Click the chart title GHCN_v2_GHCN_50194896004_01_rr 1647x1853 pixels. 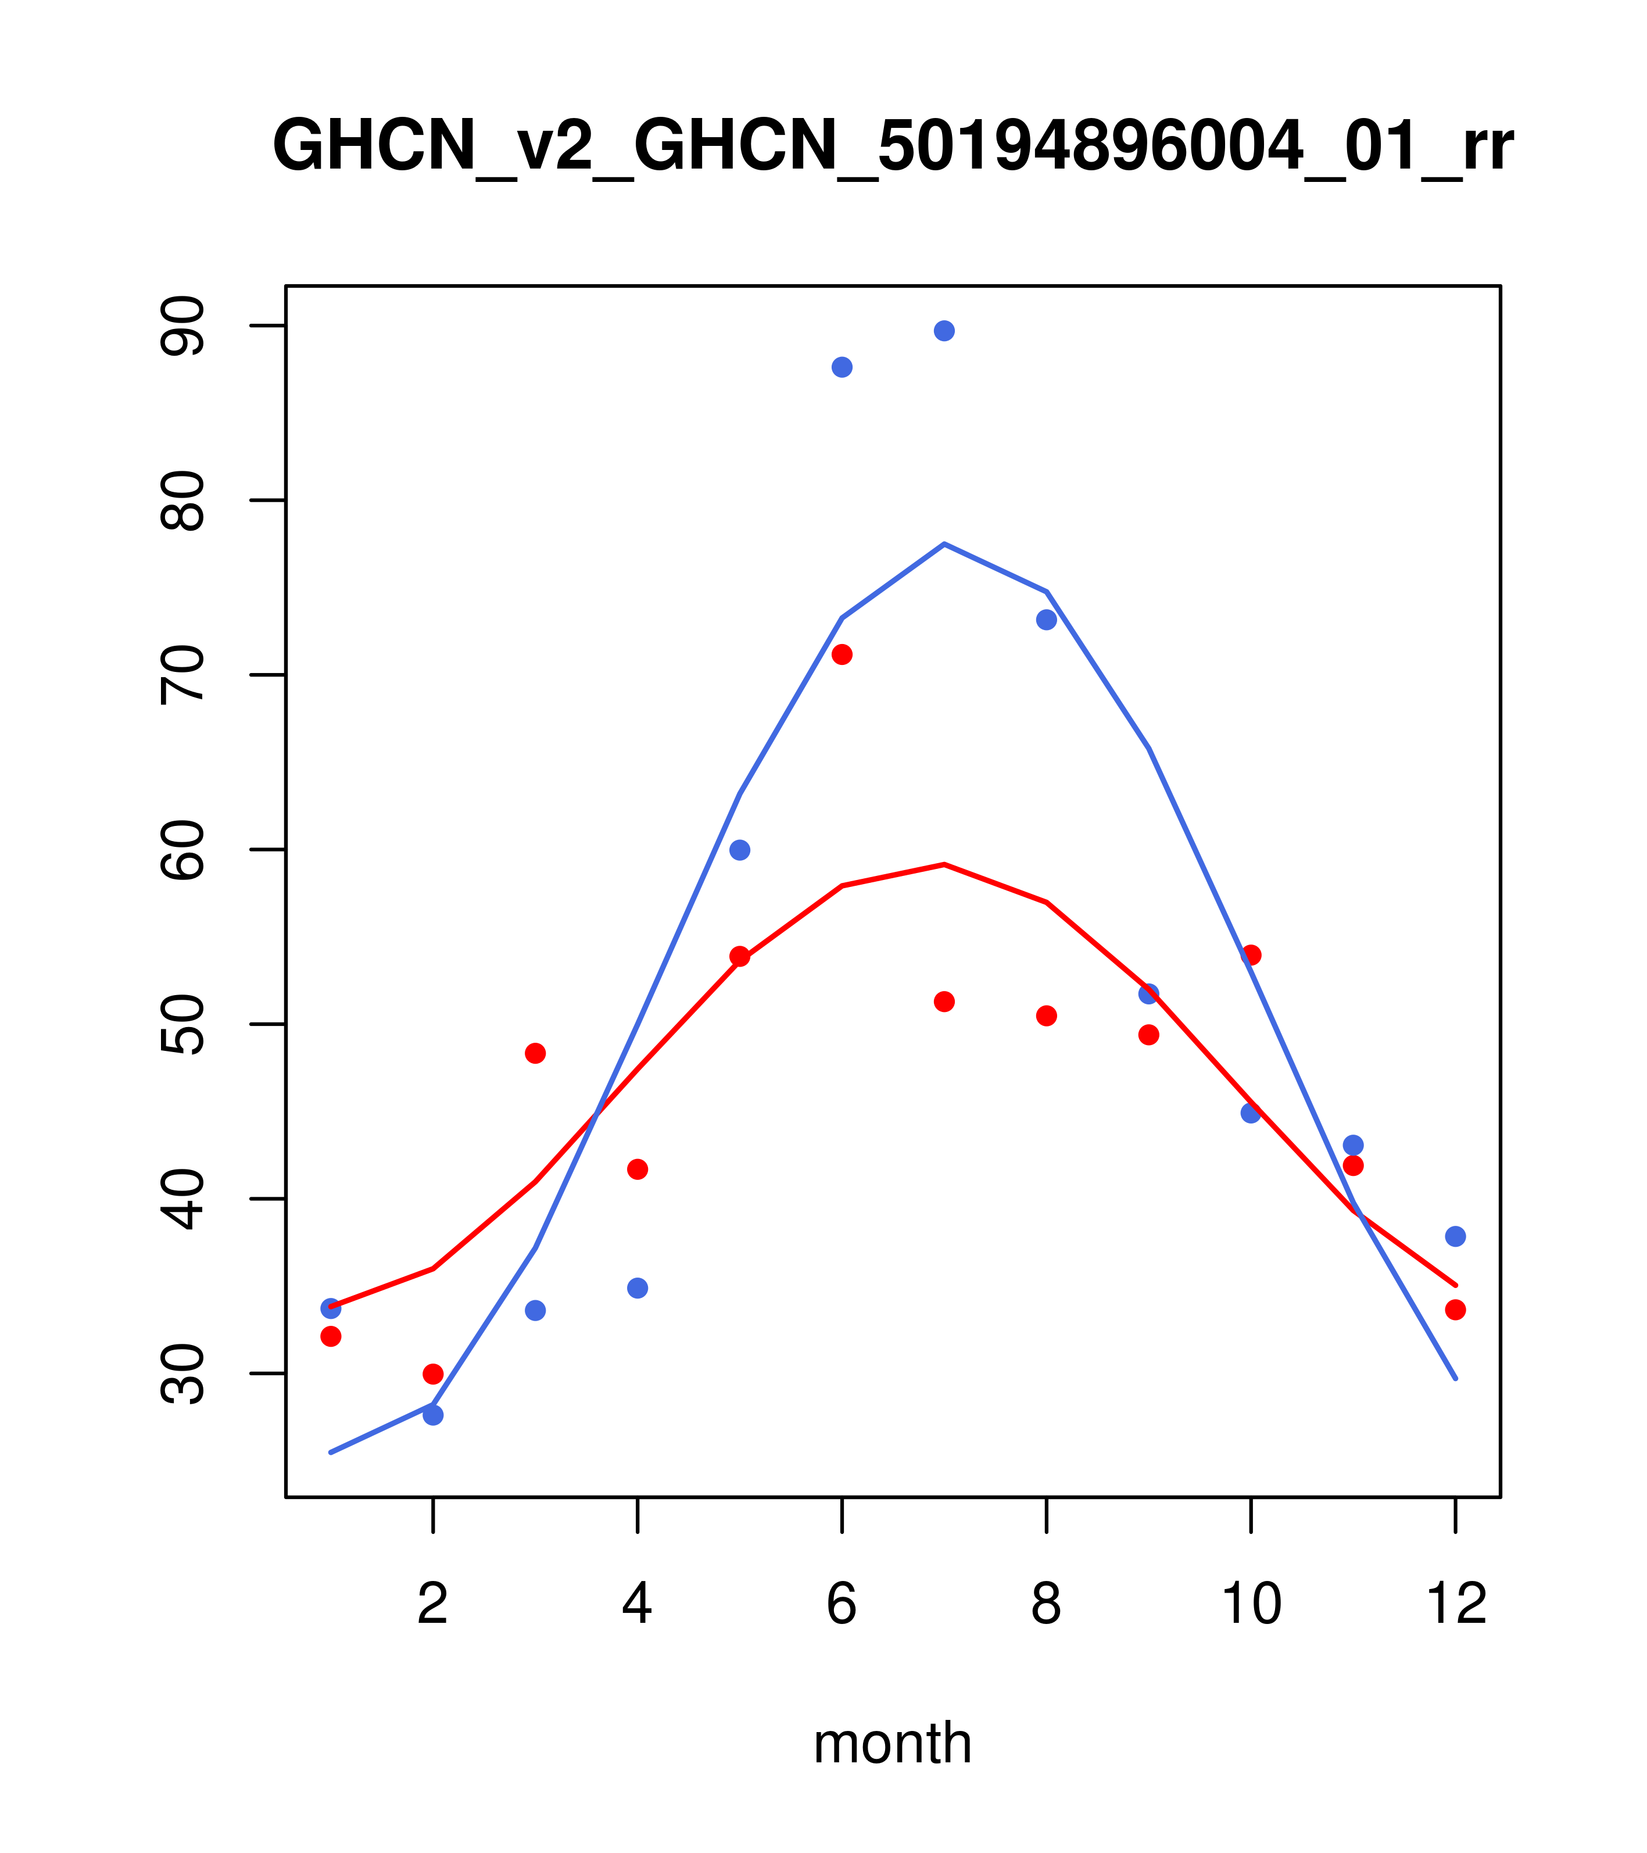pyautogui.click(x=893, y=147)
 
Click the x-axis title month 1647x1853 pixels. pyautogui.click(x=893, y=1743)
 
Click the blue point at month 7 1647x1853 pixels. pyautogui.click(x=944, y=331)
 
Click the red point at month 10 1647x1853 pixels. pyautogui.click(x=1251, y=956)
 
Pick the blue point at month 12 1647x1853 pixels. pyautogui.click(x=1456, y=1236)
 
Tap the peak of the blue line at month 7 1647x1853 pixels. pyautogui.click(x=944, y=544)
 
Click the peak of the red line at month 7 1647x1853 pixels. pyautogui.click(x=944, y=865)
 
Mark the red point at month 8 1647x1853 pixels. pyautogui.click(x=1046, y=1015)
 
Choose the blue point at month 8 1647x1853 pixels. pyautogui.click(x=1046, y=620)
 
